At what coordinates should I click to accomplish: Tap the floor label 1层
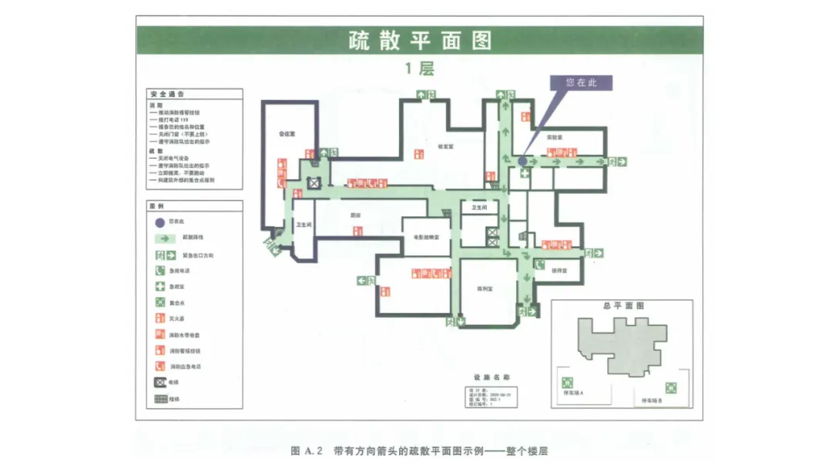click(420, 68)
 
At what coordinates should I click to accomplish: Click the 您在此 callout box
click(581, 82)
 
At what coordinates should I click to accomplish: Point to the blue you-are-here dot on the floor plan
click(523, 162)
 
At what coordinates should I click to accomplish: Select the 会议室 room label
click(287, 133)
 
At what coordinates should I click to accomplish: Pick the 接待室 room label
click(559, 270)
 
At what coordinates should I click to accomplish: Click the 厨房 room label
click(356, 215)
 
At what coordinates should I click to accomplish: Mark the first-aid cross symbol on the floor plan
click(525, 175)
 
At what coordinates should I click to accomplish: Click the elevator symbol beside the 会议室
click(314, 183)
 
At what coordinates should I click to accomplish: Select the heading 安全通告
click(166, 94)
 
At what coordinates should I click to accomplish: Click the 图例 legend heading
click(156, 206)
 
